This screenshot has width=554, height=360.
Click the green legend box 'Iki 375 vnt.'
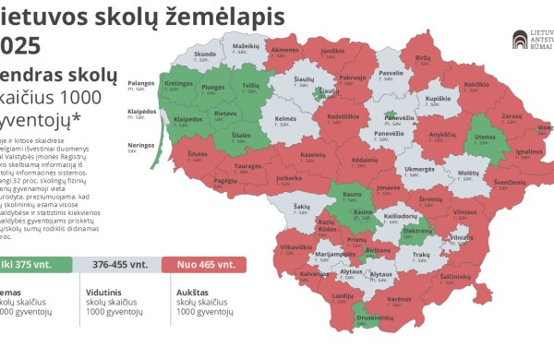click(37, 264)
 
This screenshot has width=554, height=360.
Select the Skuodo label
click(205, 56)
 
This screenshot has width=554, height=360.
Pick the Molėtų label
click(468, 174)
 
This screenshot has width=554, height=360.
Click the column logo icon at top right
click(522, 40)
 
